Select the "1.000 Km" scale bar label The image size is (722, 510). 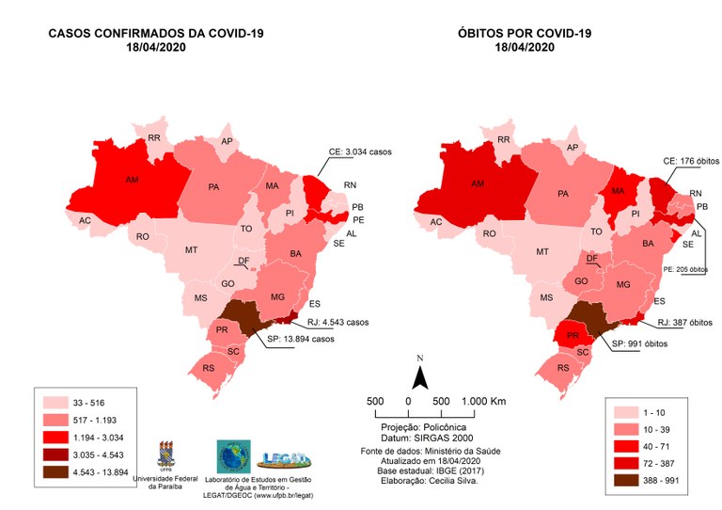click(x=484, y=401)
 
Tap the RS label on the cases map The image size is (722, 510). click(x=209, y=369)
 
